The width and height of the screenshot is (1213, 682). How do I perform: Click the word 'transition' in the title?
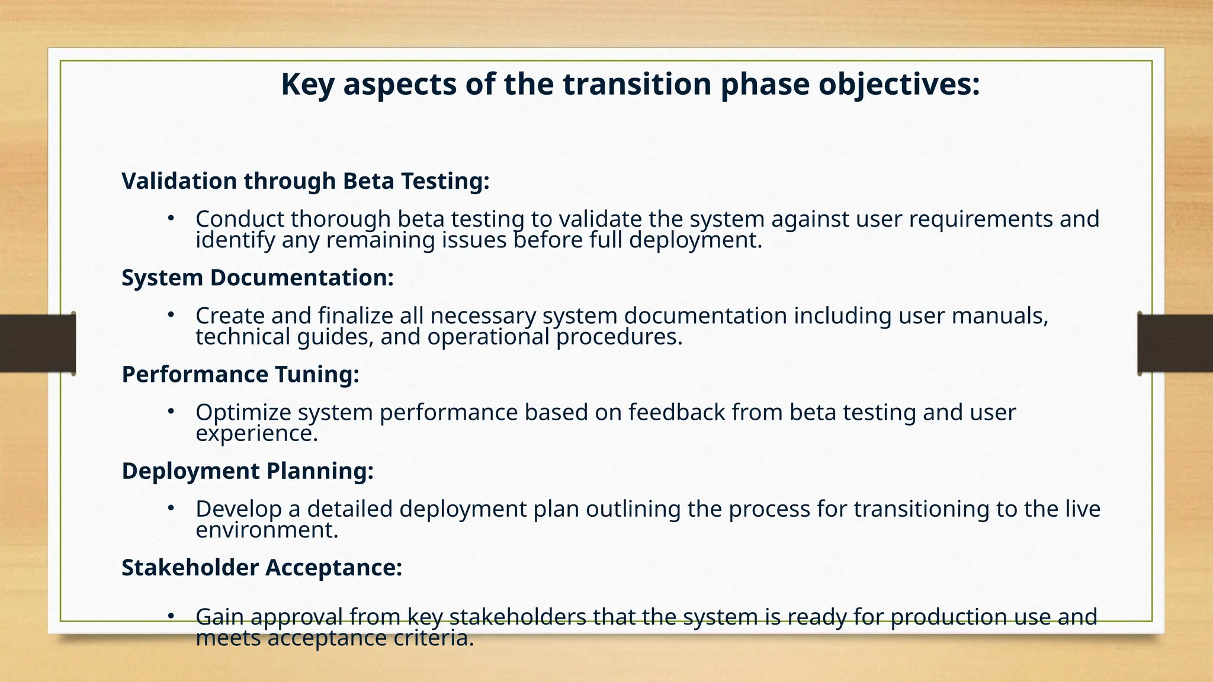(x=637, y=84)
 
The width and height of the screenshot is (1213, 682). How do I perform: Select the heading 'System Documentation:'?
(x=258, y=278)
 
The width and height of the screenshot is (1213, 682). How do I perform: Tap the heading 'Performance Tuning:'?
(x=240, y=374)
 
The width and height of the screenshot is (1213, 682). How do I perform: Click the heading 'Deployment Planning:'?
(x=248, y=471)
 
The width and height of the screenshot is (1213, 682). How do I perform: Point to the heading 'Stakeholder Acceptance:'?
(x=262, y=568)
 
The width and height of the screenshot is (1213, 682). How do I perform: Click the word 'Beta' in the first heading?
(x=368, y=181)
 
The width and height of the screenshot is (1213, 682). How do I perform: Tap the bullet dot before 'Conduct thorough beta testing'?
(x=171, y=218)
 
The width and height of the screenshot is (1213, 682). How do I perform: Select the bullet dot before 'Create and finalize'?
(x=171, y=315)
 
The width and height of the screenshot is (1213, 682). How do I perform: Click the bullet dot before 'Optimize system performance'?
(x=171, y=411)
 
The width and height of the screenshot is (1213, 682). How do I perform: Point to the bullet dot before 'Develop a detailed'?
(x=171, y=508)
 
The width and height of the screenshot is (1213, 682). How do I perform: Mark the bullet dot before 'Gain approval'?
(x=171, y=616)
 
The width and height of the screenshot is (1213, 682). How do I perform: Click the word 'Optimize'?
(x=243, y=413)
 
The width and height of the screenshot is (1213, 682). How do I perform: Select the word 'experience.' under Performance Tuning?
(x=256, y=434)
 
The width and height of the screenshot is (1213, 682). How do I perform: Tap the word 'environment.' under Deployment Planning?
(x=267, y=530)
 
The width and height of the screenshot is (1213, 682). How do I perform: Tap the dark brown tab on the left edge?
(x=37, y=343)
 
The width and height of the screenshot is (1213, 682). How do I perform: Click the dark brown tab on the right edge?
(x=1175, y=343)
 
